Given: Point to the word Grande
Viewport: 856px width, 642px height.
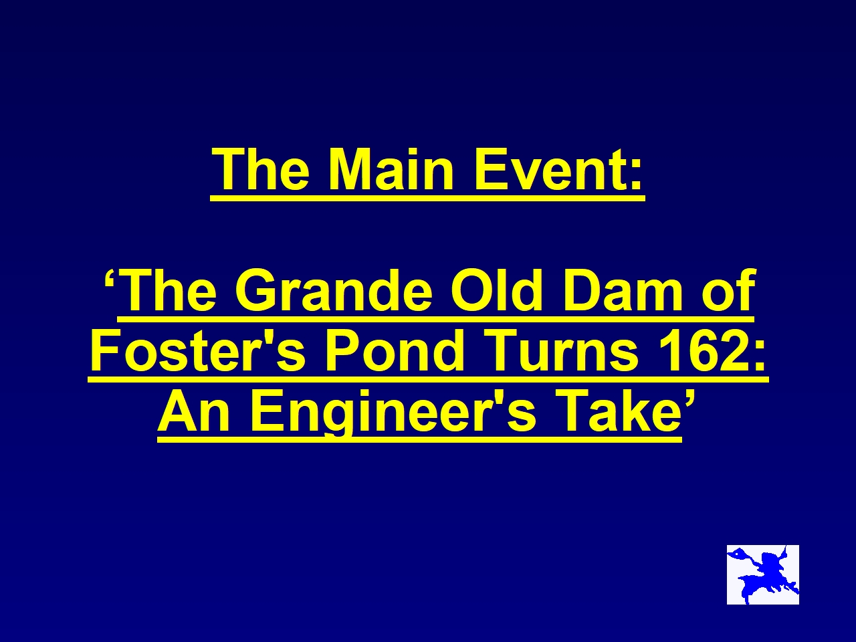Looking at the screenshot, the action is [x=333, y=291].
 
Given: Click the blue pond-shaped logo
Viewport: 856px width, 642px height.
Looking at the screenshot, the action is [x=763, y=574].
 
